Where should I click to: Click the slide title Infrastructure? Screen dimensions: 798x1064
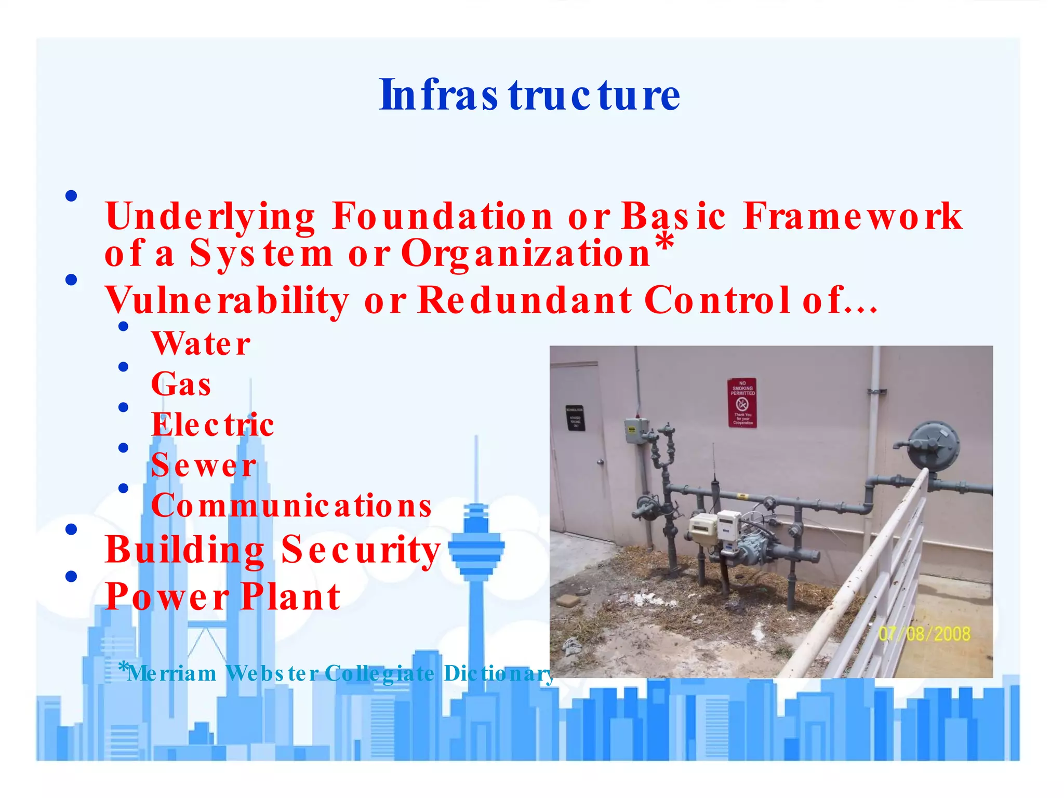click(x=529, y=96)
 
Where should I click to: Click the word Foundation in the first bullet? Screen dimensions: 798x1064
click(x=443, y=216)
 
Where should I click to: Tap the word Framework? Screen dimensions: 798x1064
click(x=853, y=216)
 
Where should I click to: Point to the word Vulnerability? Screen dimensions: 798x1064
click(x=227, y=301)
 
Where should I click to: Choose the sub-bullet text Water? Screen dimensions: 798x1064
click(x=201, y=344)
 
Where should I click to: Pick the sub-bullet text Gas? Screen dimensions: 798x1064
click(x=181, y=384)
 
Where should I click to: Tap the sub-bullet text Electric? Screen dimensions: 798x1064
click(x=212, y=425)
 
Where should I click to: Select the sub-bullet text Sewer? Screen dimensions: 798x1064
click(x=204, y=465)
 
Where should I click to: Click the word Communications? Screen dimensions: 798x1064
click(x=291, y=506)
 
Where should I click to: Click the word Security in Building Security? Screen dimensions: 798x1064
click(x=361, y=550)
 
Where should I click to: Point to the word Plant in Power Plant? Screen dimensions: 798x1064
click(x=291, y=597)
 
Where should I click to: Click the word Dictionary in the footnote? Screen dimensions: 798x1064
click(x=499, y=674)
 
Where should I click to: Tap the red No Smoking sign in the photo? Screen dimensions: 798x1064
click(x=742, y=403)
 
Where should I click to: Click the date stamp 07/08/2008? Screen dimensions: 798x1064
click(x=924, y=634)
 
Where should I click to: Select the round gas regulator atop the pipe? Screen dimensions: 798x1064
click(x=933, y=445)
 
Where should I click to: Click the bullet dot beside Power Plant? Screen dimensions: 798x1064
click(x=71, y=576)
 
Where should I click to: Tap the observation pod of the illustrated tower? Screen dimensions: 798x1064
click(x=476, y=548)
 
